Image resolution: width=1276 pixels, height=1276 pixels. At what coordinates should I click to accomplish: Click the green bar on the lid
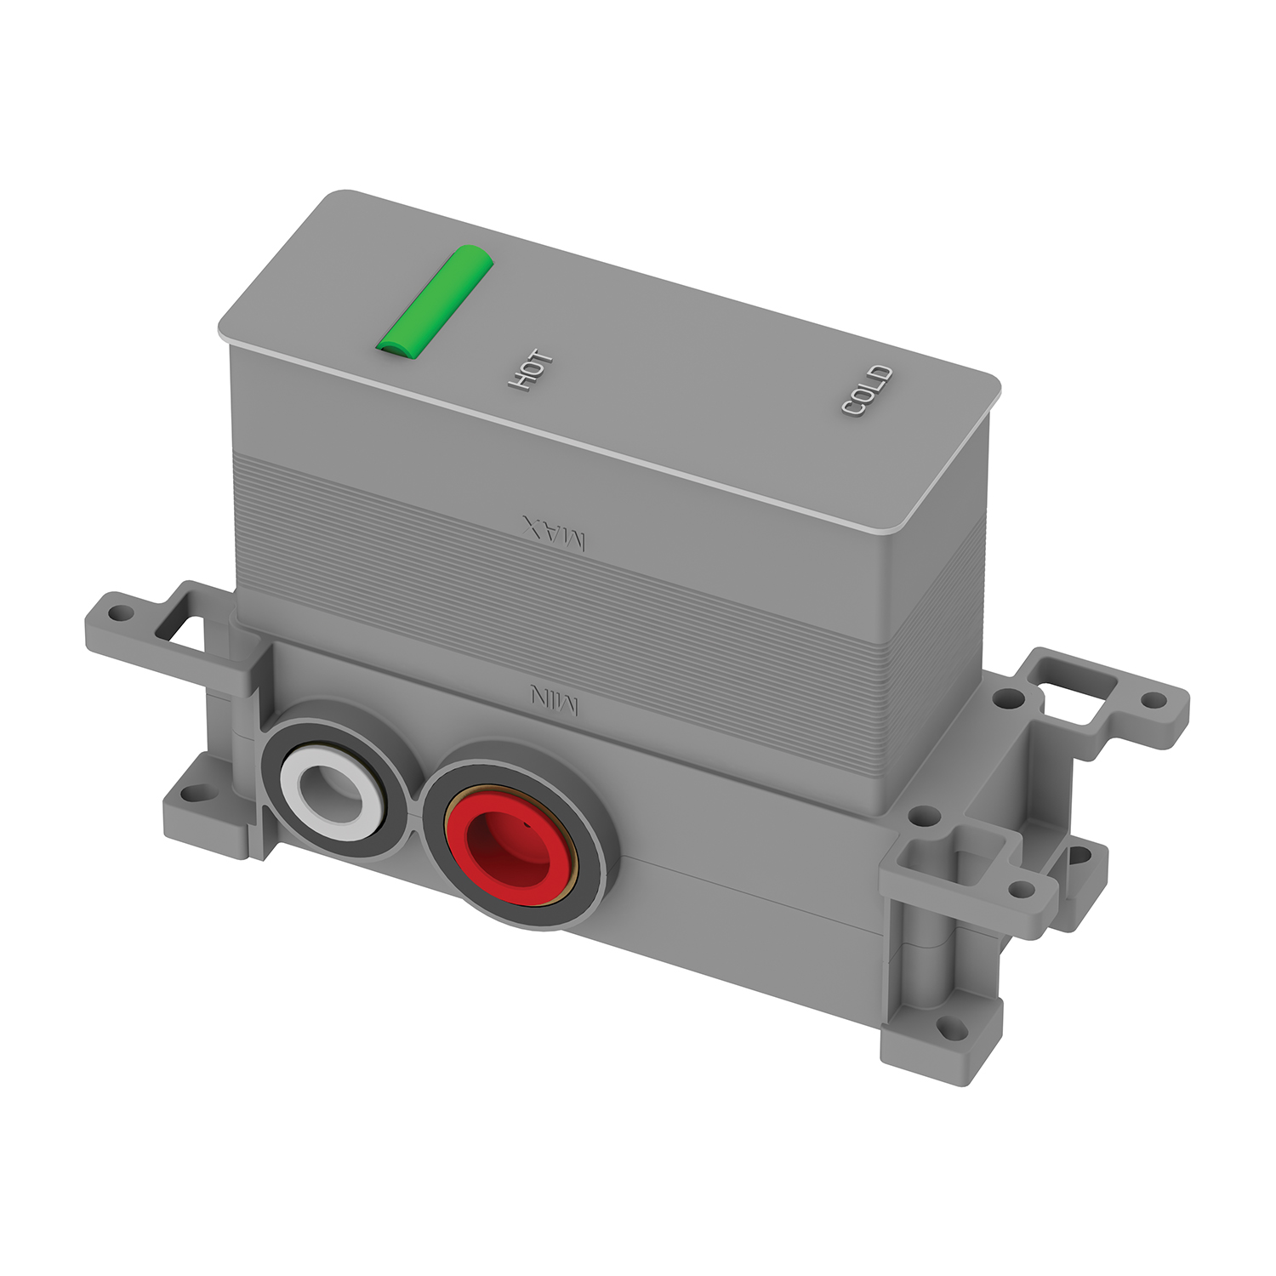435,299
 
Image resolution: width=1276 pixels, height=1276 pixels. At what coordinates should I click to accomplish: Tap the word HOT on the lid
531,371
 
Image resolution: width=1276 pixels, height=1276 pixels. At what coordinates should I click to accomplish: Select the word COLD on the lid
867,390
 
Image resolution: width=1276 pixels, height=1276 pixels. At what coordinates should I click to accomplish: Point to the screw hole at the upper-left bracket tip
119,612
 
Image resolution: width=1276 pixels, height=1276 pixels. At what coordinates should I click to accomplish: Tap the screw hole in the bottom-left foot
196,795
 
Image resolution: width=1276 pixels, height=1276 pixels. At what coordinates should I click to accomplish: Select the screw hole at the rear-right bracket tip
1154,699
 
